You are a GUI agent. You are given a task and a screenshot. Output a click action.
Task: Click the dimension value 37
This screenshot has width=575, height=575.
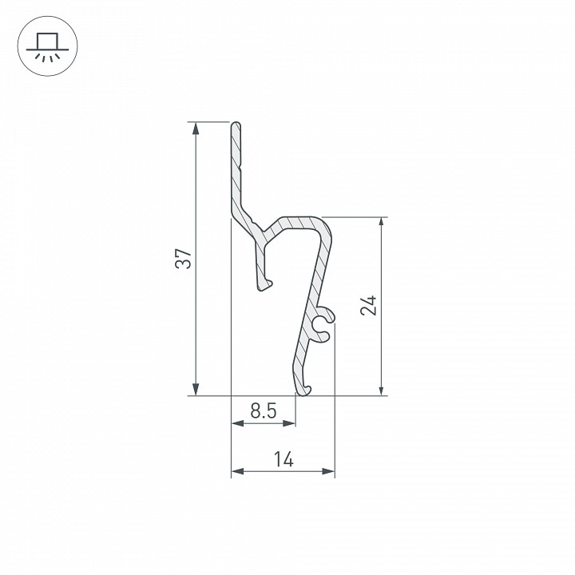[184, 259]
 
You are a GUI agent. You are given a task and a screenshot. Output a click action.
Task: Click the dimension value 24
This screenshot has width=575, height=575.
[369, 305]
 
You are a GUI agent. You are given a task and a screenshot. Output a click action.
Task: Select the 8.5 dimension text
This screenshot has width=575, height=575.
[264, 410]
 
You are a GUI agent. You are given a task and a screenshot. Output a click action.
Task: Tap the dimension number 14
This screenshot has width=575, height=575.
[284, 459]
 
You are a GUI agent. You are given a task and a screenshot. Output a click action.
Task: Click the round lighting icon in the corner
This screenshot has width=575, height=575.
[48, 46]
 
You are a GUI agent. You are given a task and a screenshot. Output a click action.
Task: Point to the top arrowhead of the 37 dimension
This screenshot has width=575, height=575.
[196, 129]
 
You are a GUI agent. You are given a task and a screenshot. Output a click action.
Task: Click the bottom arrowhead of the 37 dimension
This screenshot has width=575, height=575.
[196, 389]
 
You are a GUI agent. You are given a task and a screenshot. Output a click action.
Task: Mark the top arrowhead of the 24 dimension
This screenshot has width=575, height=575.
[382, 224]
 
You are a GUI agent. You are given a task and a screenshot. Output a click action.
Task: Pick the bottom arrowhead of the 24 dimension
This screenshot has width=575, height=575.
[382, 389]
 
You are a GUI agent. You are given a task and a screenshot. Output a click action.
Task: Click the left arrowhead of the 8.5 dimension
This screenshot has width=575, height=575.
[238, 423]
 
